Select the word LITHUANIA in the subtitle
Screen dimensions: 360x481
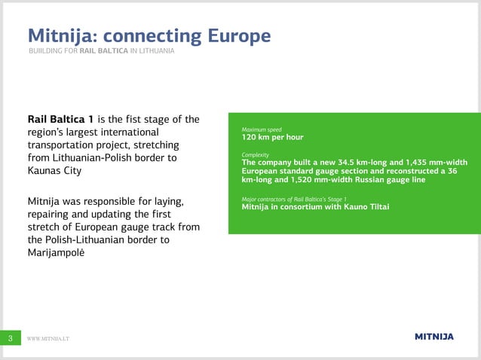point(156,51)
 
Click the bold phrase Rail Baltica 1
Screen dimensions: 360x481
point(60,118)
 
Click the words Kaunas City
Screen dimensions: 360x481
point(54,171)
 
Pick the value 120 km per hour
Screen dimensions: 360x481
point(272,139)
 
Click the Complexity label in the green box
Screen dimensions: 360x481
point(255,154)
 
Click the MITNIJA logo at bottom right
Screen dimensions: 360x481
point(434,337)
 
